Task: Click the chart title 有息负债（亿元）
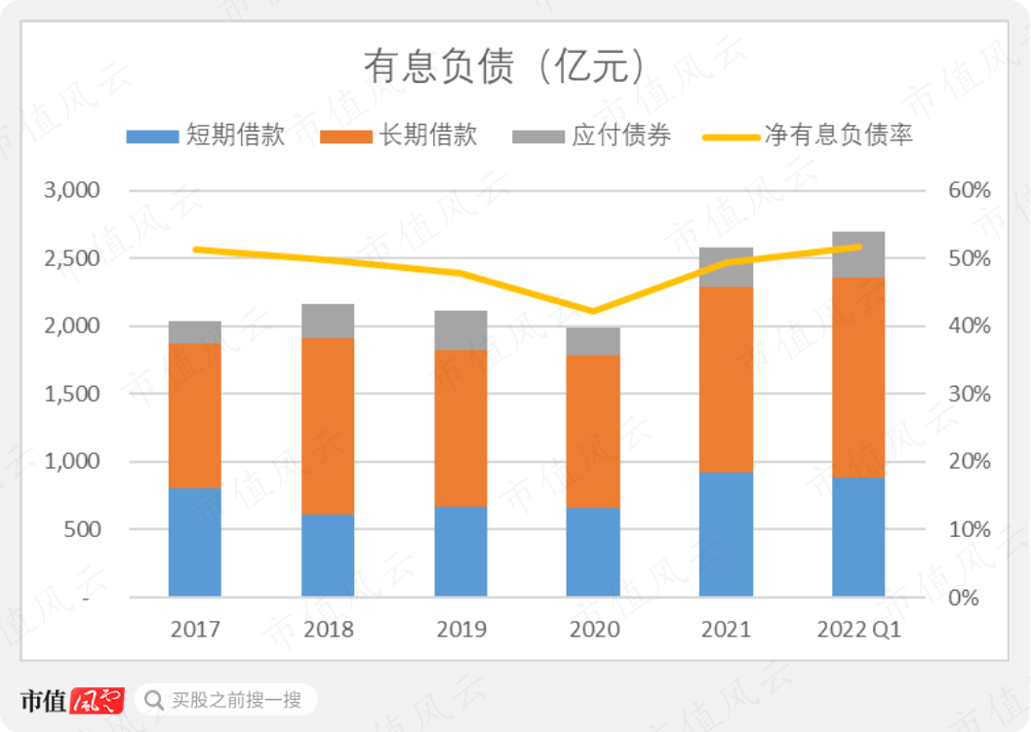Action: pyautogui.click(x=504, y=67)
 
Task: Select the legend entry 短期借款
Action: pyautogui.click(x=206, y=136)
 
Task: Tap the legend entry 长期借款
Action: pyautogui.click(x=400, y=136)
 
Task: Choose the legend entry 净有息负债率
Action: pyautogui.click(x=809, y=136)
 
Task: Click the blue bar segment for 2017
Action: pyautogui.click(x=195, y=542)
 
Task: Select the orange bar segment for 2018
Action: pyautogui.click(x=328, y=426)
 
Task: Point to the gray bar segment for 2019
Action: pyautogui.click(x=460, y=330)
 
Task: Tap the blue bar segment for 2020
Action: pyautogui.click(x=593, y=552)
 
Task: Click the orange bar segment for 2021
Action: pyautogui.click(x=726, y=380)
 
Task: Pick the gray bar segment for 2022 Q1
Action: pyautogui.click(x=858, y=254)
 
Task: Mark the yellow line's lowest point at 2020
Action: pyautogui.click(x=593, y=312)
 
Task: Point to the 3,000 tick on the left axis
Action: pyautogui.click(x=72, y=190)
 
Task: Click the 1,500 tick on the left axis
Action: pyautogui.click(x=72, y=394)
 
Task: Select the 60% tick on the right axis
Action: pyautogui.click(x=969, y=190)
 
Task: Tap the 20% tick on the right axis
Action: pyautogui.click(x=969, y=462)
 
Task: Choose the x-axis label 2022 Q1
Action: pyautogui.click(x=858, y=630)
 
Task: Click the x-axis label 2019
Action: pyautogui.click(x=460, y=630)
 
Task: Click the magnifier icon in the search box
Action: pyautogui.click(x=154, y=700)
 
